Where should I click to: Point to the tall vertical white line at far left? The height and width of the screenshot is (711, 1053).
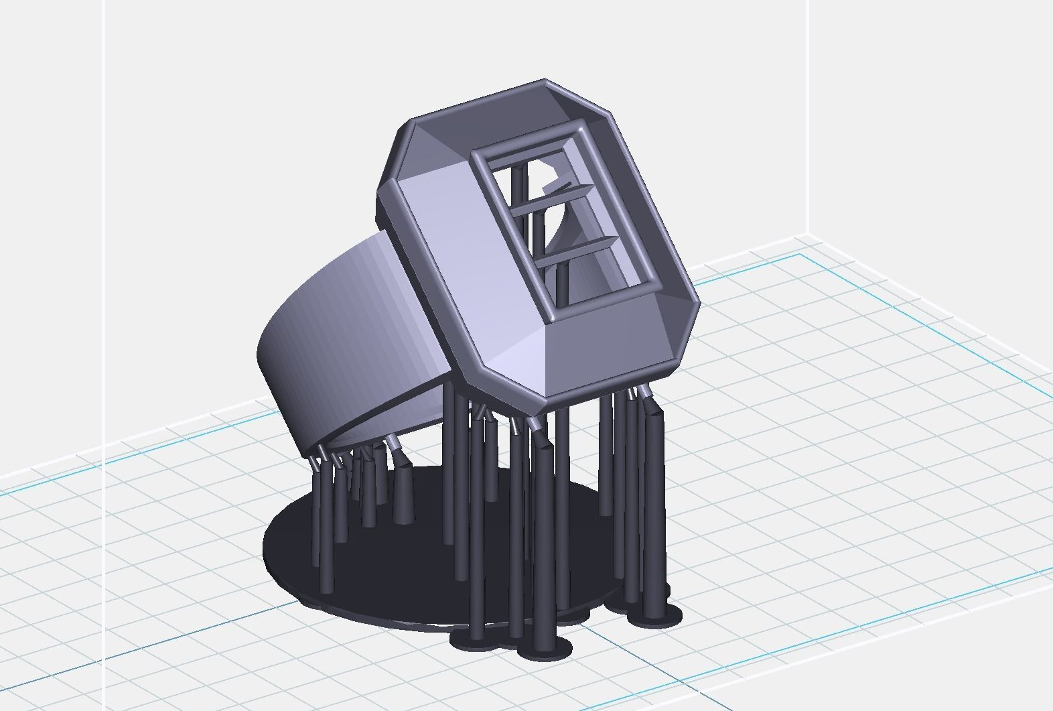tap(104, 268)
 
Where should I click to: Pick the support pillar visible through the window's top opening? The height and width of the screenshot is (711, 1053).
tap(519, 181)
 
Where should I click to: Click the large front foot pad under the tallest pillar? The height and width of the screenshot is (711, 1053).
tap(546, 647)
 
